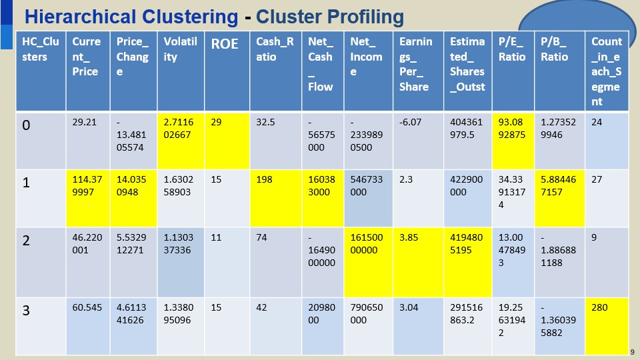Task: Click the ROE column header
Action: point(225,45)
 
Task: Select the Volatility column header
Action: point(180,49)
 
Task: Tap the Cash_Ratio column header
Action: point(275,49)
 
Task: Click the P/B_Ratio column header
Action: point(559,49)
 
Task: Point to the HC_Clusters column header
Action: point(40,49)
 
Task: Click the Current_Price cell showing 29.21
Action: point(87,122)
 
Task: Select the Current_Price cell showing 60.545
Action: point(87,308)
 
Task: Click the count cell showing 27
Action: point(607,181)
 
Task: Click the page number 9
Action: point(632,352)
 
